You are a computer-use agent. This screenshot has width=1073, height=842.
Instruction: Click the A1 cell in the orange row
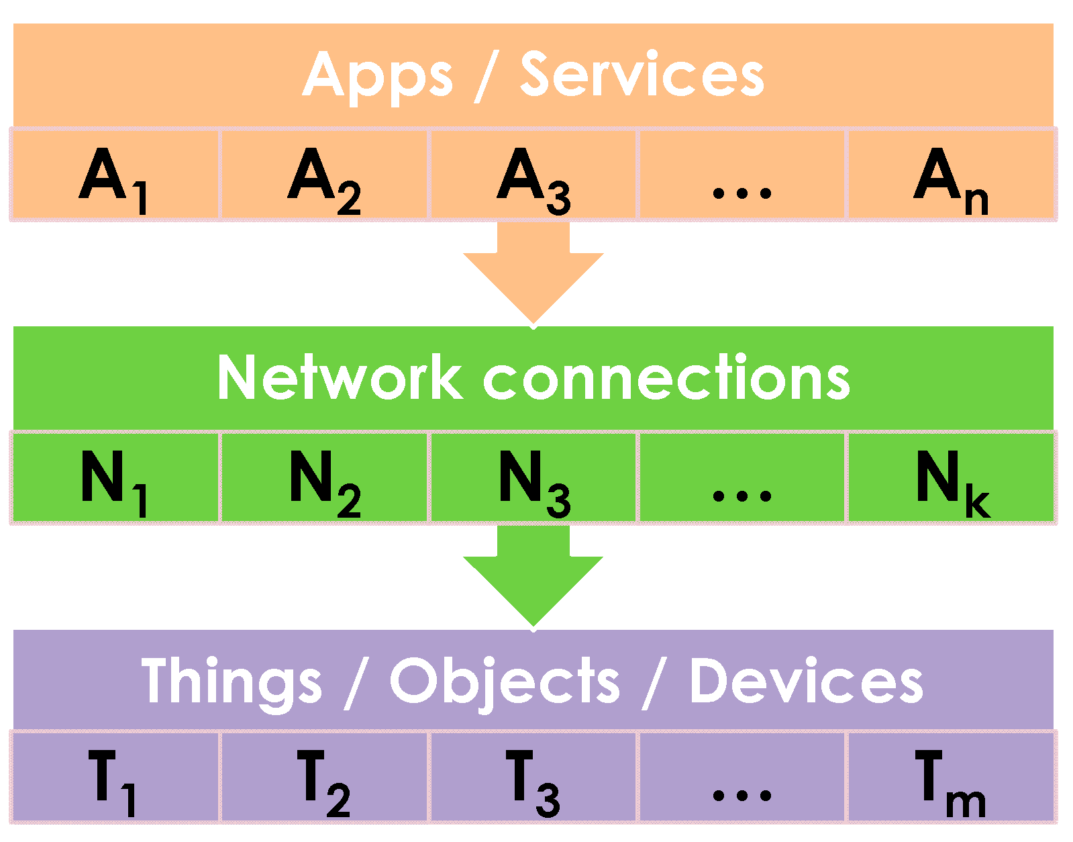(x=115, y=175)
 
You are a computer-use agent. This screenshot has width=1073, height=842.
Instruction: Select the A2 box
(x=324, y=175)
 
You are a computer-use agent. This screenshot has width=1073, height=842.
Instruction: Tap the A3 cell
(x=533, y=175)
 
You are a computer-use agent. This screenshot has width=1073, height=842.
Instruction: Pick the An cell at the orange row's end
(x=952, y=175)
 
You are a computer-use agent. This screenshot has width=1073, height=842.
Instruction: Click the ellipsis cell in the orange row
(x=742, y=175)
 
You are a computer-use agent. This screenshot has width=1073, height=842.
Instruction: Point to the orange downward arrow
(x=533, y=272)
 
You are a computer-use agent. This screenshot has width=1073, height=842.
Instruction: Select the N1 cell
(x=115, y=477)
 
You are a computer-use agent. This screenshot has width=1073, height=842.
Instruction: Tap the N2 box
(x=324, y=477)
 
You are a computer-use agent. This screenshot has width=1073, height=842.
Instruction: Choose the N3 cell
(x=533, y=477)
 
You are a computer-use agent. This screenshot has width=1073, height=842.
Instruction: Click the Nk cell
(x=952, y=477)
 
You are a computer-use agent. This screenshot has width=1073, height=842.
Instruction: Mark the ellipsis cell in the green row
(x=742, y=477)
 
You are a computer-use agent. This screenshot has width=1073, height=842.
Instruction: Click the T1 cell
(x=115, y=777)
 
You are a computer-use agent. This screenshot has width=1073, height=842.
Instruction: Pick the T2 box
(x=324, y=777)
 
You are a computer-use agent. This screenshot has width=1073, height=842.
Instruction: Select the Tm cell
(x=952, y=777)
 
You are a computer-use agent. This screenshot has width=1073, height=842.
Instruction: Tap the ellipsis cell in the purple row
(x=742, y=777)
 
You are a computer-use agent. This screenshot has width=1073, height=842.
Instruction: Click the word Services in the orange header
(x=642, y=75)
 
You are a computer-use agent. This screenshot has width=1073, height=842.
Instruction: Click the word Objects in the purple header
(x=505, y=682)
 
